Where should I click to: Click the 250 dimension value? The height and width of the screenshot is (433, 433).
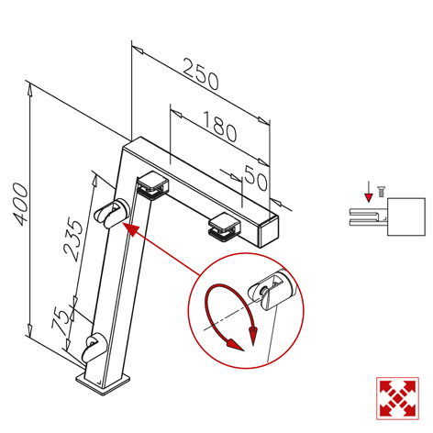[201, 73]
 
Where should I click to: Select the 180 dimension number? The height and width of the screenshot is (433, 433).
[220, 127]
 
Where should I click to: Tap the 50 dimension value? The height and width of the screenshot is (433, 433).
[256, 178]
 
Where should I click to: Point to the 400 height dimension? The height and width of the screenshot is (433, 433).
[20, 204]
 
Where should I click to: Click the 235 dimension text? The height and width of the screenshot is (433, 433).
[73, 239]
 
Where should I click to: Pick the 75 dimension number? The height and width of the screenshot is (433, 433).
[60, 321]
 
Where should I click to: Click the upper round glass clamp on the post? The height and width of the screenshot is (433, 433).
[112, 214]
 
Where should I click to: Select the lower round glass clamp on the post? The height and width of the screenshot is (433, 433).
[94, 349]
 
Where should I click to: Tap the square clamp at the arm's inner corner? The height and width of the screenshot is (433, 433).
[152, 185]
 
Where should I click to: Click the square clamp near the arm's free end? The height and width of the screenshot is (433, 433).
[224, 227]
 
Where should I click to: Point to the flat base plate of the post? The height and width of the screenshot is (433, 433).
[104, 383]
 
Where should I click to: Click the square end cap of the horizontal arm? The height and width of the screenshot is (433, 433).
[269, 231]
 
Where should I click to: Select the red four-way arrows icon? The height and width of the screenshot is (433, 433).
[397, 398]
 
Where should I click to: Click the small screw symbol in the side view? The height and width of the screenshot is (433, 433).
[381, 192]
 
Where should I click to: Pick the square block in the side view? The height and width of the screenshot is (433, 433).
[406, 216]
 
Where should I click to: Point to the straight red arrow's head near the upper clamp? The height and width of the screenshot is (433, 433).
[130, 229]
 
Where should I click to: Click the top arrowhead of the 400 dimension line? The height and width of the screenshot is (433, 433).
[29, 91]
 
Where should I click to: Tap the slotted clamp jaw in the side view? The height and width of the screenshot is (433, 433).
[368, 217]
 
